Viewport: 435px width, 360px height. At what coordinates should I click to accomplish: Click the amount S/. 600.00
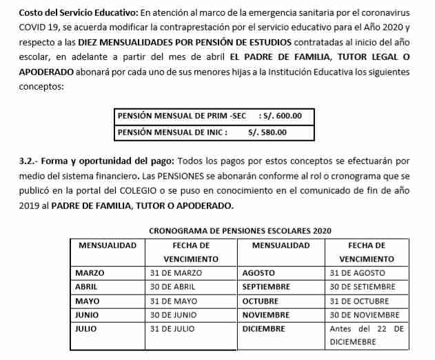(x=284, y=116)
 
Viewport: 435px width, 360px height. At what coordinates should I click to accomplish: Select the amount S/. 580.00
(x=267, y=132)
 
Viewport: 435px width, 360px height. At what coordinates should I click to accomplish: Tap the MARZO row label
(x=90, y=273)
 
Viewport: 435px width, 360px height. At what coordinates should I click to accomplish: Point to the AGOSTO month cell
(x=259, y=273)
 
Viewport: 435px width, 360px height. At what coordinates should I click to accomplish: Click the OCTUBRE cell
(x=261, y=301)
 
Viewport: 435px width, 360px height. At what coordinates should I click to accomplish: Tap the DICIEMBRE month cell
(x=264, y=328)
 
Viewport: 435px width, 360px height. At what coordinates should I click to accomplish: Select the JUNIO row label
(x=87, y=314)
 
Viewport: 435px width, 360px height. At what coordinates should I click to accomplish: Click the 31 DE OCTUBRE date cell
(x=361, y=301)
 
